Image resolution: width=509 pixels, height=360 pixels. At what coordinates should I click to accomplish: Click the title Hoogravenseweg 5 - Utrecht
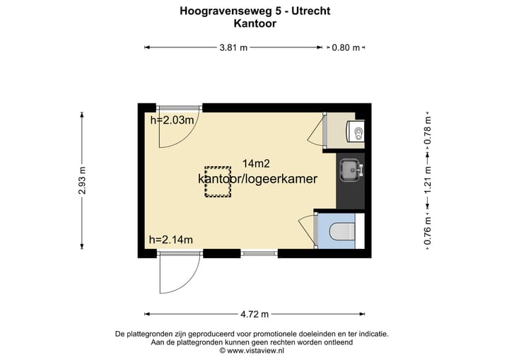pyautogui.click(x=255, y=11)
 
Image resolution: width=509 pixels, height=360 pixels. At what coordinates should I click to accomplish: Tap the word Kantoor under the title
pyautogui.click(x=255, y=23)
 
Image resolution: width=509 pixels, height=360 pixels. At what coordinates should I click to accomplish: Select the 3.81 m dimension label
pyautogui.click(x=233, y=47)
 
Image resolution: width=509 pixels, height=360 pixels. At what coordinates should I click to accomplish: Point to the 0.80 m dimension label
pyautogui.click(x=346, y=47)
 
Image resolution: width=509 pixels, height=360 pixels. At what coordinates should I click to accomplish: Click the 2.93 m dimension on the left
pyautogui.click(x=82, y=181)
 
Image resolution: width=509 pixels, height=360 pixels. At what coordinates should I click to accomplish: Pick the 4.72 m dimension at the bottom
pyautogui.click(x=255, y=314)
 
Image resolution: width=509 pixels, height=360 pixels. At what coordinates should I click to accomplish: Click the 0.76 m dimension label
pyautogui.click(x=427, y=231)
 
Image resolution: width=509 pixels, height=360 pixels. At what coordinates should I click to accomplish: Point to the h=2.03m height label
pyautogui.click(x=172, y=120)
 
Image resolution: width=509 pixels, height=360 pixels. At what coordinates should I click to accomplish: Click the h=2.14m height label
pyautogui.click(x=171, y=240)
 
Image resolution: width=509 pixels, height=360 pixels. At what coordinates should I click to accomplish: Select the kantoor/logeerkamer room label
pyautogui.click(x=257, y=179)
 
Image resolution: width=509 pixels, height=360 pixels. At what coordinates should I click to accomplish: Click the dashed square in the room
pyautogui.click(x=218, y=183)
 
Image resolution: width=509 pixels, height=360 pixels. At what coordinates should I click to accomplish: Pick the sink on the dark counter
pyautogui.click(x=350, y=170)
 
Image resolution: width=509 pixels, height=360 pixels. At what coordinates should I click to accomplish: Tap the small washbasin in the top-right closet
pyautogui.click(x=357, y=132)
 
